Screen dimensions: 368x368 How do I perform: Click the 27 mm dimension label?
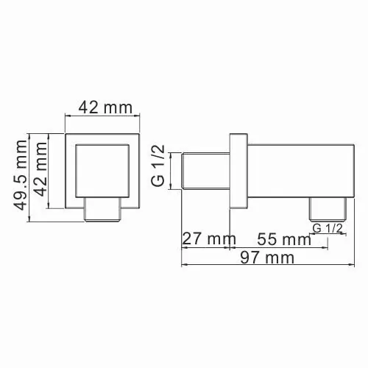click(x=208, y=238)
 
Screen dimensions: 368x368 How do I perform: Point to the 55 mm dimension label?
click(x=283, y=238)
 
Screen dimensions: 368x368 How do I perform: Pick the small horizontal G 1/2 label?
click(x=328, y=229)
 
